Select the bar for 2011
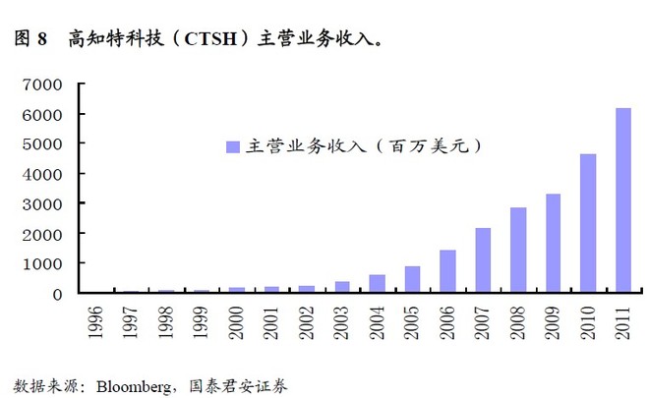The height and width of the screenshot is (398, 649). (622, 200)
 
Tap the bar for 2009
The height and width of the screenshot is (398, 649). (553, 243)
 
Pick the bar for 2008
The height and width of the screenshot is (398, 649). (518, 250)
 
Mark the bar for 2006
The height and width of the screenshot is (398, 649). (447, 271)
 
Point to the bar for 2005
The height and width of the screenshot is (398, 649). (413, 279)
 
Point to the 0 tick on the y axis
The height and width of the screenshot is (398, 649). (58, 293)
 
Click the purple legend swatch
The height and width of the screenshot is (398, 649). (233, 146)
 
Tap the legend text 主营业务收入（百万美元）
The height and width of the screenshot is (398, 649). (364, 146)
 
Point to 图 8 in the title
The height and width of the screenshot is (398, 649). (30, 40)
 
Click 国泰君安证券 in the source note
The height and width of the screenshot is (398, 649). (240, 382)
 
